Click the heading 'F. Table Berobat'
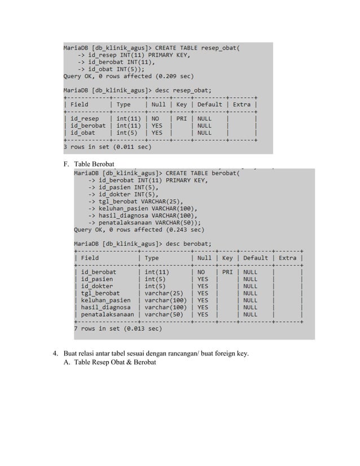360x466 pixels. tap(91, 164)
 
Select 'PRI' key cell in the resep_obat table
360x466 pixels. tap(181, 119)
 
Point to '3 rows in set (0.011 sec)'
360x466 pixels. tap(107, 147)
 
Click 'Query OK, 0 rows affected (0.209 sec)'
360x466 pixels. tap(128, 76)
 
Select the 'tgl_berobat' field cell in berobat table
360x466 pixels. tap(100, 293)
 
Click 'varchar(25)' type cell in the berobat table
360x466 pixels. tap(164, 293)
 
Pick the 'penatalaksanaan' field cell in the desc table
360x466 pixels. tap(108, 314)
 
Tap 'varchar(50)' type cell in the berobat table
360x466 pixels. tap(164, 314)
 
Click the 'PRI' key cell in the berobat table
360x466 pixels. tap(227, 272)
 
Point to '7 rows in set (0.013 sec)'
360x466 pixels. tap(118, 328)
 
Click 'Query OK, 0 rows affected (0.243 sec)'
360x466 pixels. tap(139, 230)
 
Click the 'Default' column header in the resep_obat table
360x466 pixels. tap(209, 104)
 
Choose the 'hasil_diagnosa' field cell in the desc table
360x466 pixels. tap(106, 307)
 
